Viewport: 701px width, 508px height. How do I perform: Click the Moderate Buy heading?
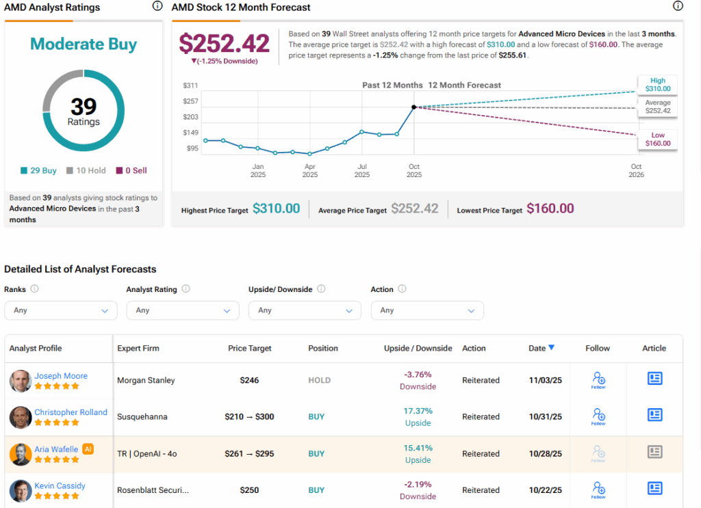[84, 44]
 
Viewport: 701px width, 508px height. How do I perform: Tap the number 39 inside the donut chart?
[84, 106]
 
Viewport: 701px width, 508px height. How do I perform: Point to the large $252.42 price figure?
[224, 44]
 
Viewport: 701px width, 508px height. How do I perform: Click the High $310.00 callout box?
[657, 85]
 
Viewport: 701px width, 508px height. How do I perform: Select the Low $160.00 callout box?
[657, 139]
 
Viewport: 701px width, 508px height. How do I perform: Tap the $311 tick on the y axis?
[190, 85]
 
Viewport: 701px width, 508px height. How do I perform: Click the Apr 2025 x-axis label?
[309, 170]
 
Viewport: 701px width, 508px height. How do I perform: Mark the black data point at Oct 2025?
[414, 107]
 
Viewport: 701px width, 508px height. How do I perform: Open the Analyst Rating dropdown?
[183, 310]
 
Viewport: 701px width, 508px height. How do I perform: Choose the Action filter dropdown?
[427, 310]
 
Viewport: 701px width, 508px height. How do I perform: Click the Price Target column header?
[250, 348]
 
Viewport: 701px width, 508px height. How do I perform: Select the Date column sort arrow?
[551, 347]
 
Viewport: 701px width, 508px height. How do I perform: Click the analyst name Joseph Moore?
[61, 375]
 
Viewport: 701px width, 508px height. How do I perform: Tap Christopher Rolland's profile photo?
[21, 417]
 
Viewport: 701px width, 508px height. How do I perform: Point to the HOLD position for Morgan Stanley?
[319, 380]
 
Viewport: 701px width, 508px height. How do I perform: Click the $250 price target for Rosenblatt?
[250, 490]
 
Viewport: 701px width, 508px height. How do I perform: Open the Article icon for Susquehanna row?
[654, 415]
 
